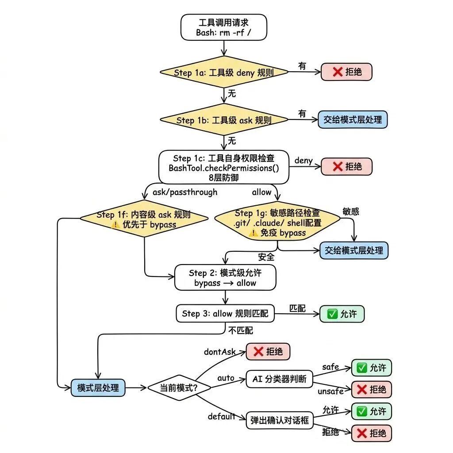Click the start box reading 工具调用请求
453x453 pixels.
click(224, 27)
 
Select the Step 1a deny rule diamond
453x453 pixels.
click(224, 73)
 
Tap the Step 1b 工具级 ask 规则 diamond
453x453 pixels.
click(224, 120)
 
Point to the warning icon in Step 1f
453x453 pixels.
click(116, 225)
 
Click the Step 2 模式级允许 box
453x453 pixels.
click(225, 278)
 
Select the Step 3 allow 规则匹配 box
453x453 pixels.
click(225, 314)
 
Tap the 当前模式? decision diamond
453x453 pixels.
click(179, 388)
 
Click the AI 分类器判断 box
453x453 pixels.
click(279, 379)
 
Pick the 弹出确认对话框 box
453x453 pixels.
click(279, 419)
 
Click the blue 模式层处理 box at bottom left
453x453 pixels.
click(98, 388)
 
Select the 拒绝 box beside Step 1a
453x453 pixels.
click(346, 72)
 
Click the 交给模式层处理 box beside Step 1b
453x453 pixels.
click(353, 119)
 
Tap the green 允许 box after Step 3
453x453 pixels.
click(342, 314)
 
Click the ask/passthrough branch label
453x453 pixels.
click(185, 192)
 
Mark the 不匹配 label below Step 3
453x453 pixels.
click(241, 330)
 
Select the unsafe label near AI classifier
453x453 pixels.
click(330, 392)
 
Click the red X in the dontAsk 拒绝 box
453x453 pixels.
click(258, 352)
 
